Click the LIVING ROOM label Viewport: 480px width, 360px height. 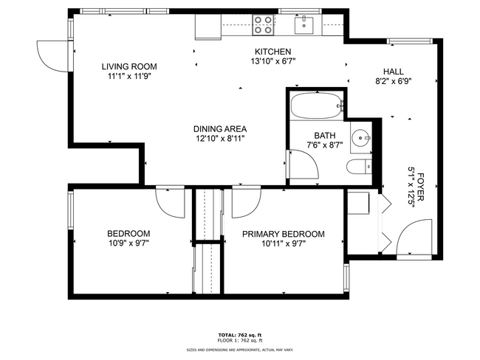click(x=128, y=66)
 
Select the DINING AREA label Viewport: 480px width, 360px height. click(x=220, y=128)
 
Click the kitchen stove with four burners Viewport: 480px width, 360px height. click(x=262, y=24)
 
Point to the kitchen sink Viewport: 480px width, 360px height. click(x=304, y=25)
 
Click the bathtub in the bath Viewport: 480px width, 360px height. click(x=315, y=106)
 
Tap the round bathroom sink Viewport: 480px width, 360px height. click(x=360, y=137)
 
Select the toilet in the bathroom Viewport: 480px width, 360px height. click(x=359, y=166)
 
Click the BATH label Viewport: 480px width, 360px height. click(x=325, y=135)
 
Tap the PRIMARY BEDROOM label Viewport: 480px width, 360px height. click(x=283, y=234)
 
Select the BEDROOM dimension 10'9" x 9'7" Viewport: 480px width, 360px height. click(x=128, y=243)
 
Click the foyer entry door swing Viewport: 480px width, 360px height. click(x=410, y=238)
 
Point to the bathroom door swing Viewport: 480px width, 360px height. click(x=303, y=169)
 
